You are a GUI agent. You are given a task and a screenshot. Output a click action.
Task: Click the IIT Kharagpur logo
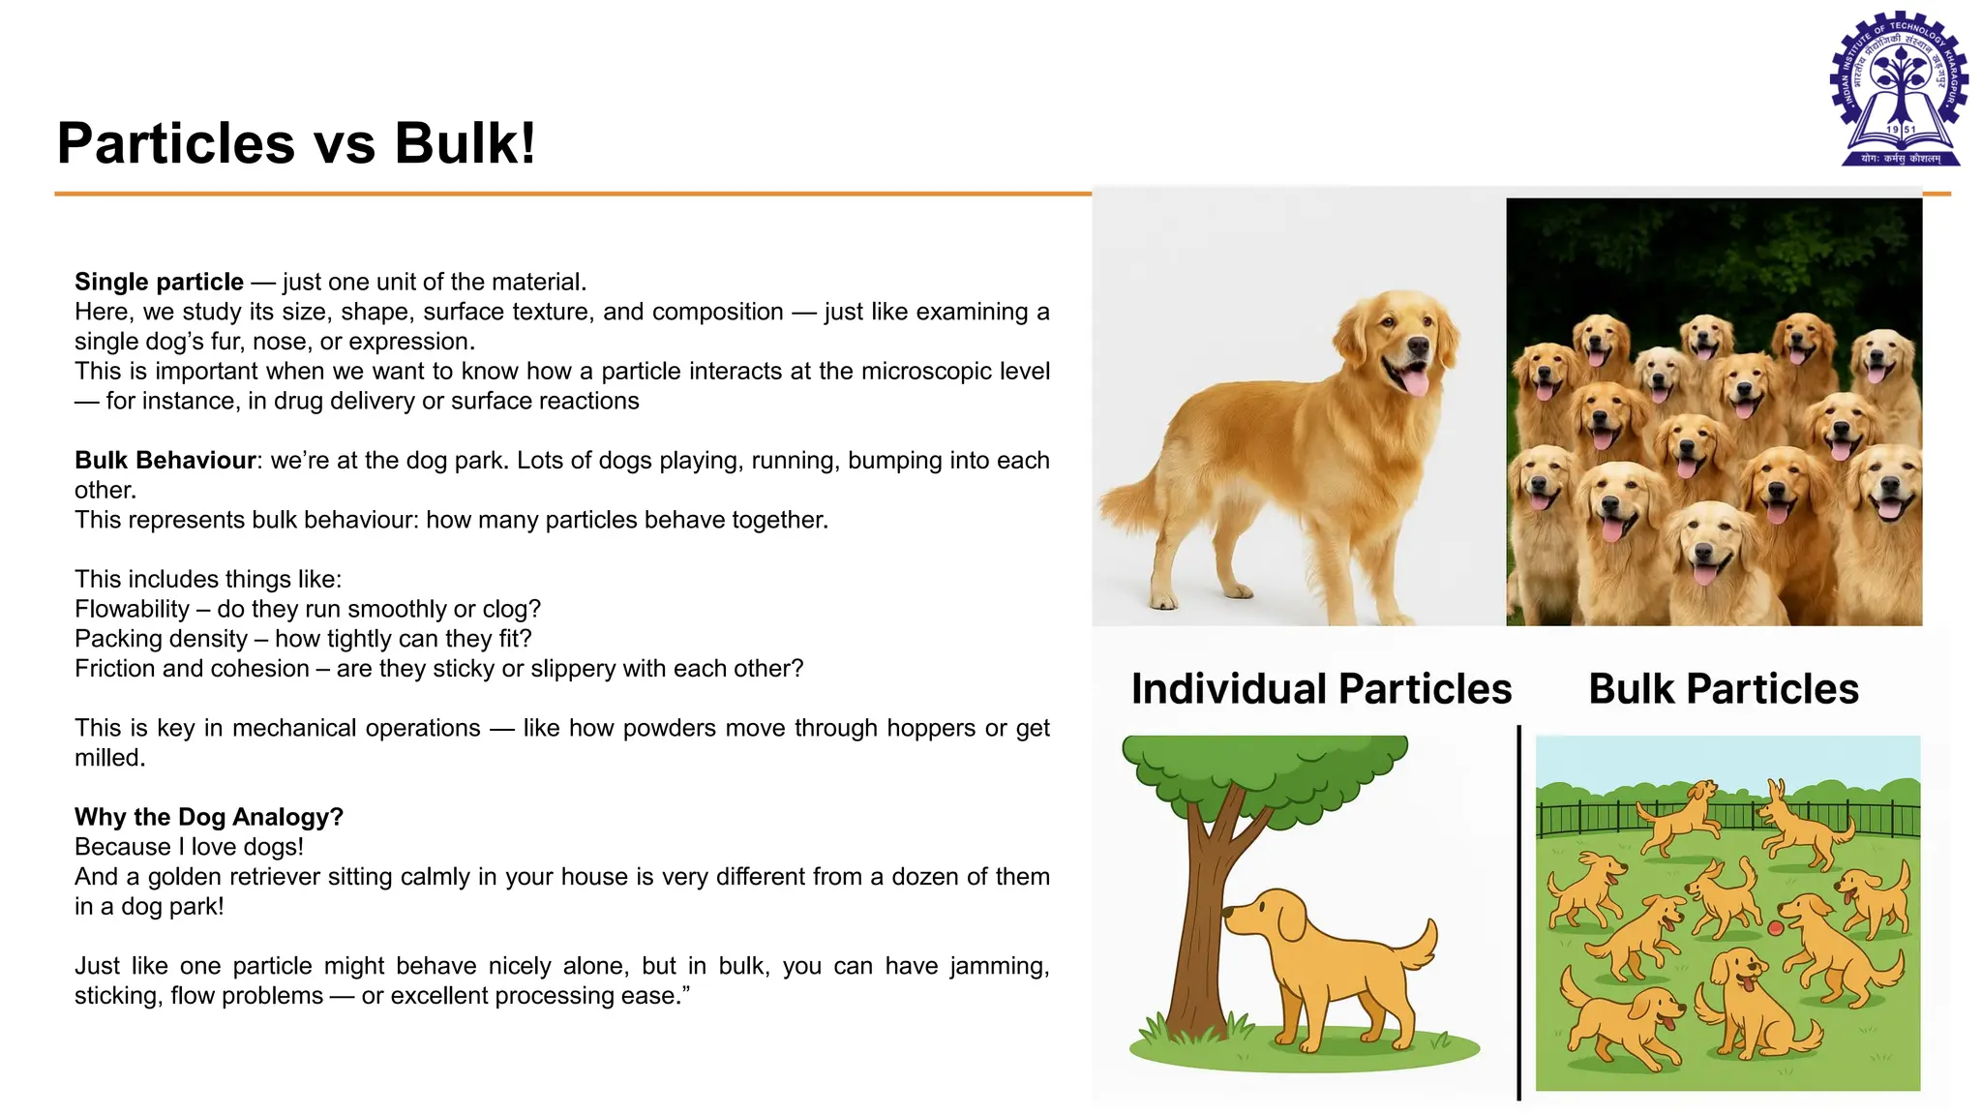(x=1899, y=89)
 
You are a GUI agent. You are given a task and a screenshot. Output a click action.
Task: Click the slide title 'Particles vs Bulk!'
(x=296, y=143)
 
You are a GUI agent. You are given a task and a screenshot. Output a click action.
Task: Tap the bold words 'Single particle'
(x=159, y=282)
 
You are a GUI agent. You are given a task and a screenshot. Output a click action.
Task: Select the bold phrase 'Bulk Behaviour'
(x=165, y=460)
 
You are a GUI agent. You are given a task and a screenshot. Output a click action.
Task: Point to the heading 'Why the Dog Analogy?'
(x=209, y=817)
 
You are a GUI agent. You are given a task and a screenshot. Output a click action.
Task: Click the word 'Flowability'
(x=132, y=609)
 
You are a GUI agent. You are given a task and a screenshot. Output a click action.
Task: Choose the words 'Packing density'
(x=161, y=639)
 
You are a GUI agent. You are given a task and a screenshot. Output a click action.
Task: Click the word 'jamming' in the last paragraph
(x=999, y=966)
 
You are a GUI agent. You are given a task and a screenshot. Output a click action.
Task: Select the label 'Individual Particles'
(x=1321, y=689)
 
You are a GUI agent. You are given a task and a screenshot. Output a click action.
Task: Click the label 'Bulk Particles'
(x=1724, y=689)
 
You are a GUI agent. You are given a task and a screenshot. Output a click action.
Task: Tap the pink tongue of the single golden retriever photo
(x=1415, y=383)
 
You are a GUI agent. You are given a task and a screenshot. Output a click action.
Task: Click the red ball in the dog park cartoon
(x=1775, y=929)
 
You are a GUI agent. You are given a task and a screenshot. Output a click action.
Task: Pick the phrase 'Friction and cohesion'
(x=192, y=669)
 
